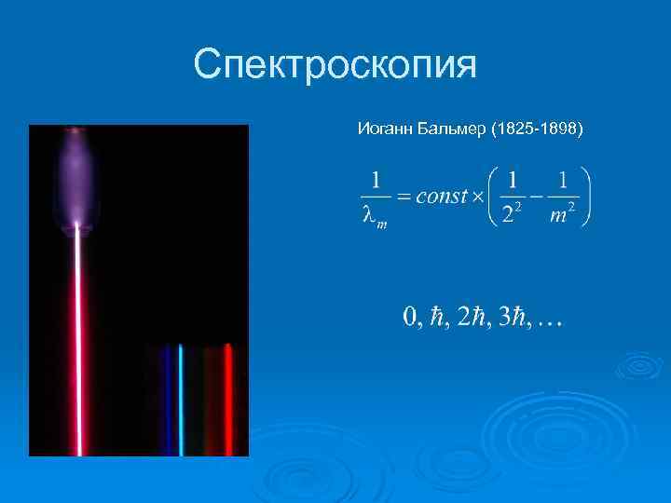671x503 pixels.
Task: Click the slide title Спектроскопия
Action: click(335, 65)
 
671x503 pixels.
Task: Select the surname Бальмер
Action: click(443, 128)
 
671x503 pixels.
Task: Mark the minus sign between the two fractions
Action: click(536, 197)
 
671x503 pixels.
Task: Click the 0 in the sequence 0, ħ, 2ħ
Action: click(410, 319)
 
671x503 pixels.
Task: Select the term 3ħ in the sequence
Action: click(513, 319)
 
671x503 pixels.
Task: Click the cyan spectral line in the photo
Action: click(182, 401)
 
